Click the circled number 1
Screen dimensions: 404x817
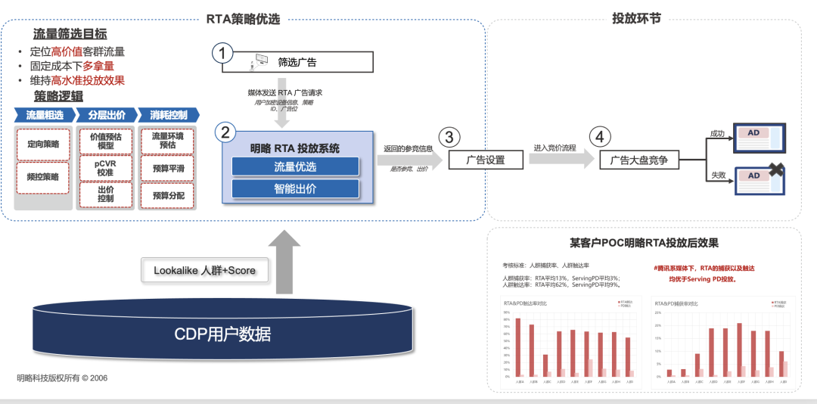click(222, 53)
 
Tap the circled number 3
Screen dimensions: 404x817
click(450, 136)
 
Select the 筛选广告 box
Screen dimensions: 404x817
click(297, 62)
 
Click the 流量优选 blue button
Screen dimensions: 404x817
click(294, 167)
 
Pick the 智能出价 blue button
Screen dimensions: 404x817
click(294, 188)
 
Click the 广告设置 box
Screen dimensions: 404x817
click(485, 160)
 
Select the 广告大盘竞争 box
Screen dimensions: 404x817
click(639, 160)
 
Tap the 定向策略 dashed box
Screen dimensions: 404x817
click(42, 144)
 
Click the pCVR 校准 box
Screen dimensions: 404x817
click(105, 167)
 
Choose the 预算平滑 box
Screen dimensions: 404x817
click(168, 168)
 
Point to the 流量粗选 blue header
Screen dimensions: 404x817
click(45, 115)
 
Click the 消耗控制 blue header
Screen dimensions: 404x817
click(169, 115)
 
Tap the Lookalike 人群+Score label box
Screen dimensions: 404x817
click(204, 270)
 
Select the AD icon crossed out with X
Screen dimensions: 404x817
click(759, 179)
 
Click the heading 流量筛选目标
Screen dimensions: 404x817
click(70, 34)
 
